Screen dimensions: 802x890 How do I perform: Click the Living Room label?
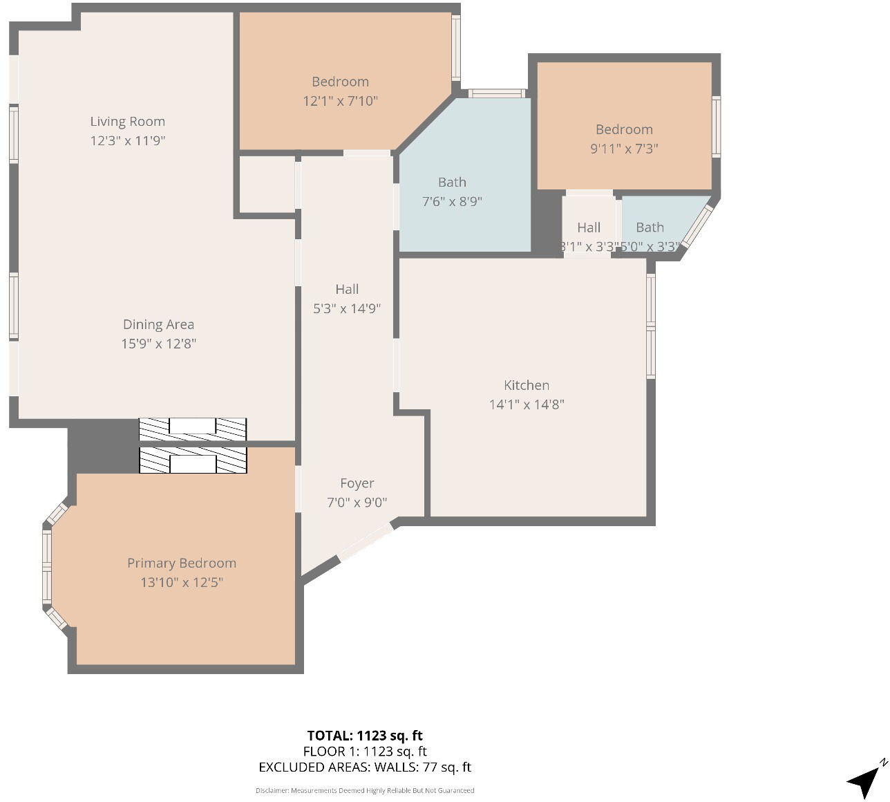[x=128, y=122]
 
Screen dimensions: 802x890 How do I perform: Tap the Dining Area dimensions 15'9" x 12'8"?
[x=159, y=344]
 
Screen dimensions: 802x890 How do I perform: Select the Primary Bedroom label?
[x=182, y=563]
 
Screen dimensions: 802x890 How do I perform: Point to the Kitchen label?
[x=527, y=386]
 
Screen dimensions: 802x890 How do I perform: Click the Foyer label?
[x=357, y=484]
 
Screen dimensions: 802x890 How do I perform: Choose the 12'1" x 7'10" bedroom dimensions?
[x=341, y=101]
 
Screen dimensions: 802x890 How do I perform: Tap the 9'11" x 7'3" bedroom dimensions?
[x=624, y=149]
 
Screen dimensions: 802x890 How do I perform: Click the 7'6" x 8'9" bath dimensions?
[x=452, y=202]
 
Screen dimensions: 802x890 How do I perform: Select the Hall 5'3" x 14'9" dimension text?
[x=347, y=309]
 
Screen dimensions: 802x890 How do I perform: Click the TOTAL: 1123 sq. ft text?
[x=365, y=736]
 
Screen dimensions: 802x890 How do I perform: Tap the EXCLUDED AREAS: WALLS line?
[x=365, y=767]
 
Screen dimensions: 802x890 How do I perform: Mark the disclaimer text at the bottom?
[x=365, y=790]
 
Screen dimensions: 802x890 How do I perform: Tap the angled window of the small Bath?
[x=697, y=226]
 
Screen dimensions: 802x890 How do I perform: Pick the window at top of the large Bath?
[x=496, y=93]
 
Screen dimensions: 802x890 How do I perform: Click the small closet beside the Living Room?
[x=267, y=184]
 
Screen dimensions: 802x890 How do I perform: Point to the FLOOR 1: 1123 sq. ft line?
[x=365, y=752]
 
